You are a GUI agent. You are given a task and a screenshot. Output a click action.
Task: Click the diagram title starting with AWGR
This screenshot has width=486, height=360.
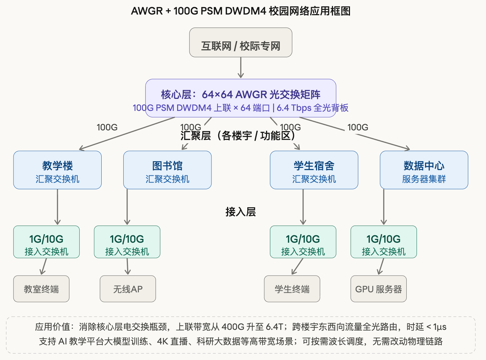click(241, 11)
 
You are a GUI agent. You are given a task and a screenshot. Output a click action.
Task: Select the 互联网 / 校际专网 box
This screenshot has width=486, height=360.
click(241, 43)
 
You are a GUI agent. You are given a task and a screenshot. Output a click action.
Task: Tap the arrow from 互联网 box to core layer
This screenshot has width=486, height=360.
click(241, 67)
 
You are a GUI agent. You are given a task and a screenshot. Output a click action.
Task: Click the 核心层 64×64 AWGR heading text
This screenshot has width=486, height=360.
click(241, 94)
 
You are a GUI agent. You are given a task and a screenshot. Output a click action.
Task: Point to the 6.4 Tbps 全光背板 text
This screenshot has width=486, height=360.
click(312, 108)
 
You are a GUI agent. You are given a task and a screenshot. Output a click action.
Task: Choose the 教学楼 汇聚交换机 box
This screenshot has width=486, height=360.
click(57, 170)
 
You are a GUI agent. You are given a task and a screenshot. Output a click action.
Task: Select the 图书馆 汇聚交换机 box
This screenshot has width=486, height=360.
click(167, 170)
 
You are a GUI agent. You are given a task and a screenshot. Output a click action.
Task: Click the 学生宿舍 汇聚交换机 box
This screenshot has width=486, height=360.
click(314, 170)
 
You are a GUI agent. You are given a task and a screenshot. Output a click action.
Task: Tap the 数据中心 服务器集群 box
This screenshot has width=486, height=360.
click(424, 170)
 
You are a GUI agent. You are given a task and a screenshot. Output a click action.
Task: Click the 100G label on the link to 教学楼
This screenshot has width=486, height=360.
click(107, 127)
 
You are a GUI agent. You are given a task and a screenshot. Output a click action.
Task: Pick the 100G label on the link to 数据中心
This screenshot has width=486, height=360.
click(358, 127)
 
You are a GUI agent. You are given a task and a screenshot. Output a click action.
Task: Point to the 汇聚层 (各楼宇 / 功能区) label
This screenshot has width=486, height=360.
click(238, 136)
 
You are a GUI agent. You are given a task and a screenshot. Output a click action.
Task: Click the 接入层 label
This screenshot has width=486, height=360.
click(241, 212)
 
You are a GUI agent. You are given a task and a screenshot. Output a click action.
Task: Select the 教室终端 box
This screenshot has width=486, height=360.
click(41, 289)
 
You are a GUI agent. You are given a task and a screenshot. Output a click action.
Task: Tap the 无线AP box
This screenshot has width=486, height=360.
click(128, 289)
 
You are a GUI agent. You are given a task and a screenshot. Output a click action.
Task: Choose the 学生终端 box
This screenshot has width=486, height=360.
click(292, 289)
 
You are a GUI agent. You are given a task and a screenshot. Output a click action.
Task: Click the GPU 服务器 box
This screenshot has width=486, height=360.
click(379, 289)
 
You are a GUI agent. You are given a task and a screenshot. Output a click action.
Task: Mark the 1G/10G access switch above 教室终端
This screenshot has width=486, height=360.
click(46, 242)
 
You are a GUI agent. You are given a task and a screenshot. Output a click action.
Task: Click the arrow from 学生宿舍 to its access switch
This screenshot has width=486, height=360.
click(303, 207)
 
